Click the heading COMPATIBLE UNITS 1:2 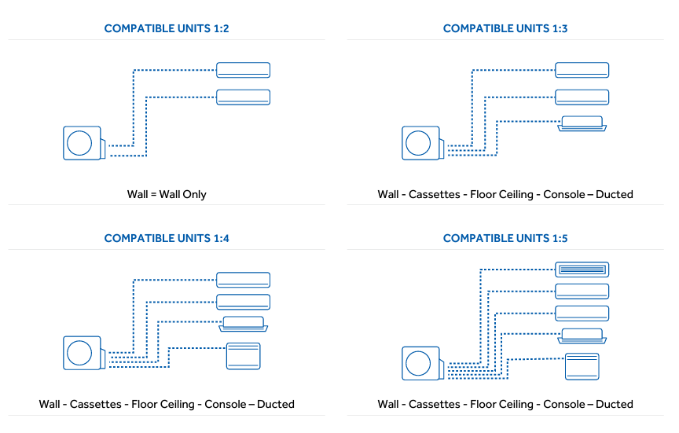pos(166,28)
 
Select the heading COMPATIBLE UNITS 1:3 pos(505,28)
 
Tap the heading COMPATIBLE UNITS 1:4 pos(166,238)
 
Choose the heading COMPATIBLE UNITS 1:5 pos(505,238)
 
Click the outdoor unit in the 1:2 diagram pos(83,144)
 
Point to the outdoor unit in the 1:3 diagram pos(421,144)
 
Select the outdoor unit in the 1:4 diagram pos(83,353)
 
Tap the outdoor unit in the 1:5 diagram pos(421,363)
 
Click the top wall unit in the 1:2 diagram pos(243,70)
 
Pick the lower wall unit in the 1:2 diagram pos(243,97)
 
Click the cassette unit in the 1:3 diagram pos(582,123)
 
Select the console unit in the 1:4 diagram pos(243,356)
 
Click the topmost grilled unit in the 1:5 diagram pos(582,270)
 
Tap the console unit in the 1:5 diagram pos(582,367)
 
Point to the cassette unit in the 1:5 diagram pos(582,336)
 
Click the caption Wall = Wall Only pos(167,194)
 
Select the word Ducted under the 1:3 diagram pos(615,194)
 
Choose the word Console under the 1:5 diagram pos(563,404)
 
